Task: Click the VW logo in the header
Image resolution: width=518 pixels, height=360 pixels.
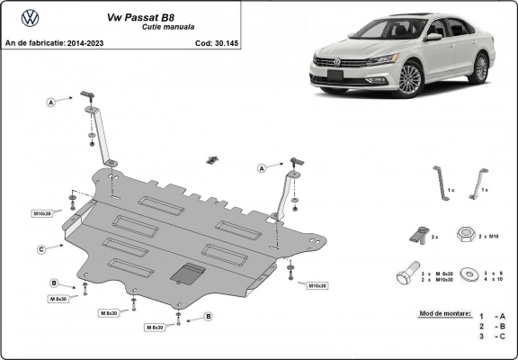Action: coord(30,17)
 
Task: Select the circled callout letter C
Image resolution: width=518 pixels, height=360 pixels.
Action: coord(41,248)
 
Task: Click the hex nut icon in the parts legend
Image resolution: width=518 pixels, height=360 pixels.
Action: coord(466,234)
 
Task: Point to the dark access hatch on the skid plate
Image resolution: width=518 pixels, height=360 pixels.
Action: coord(187,273)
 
